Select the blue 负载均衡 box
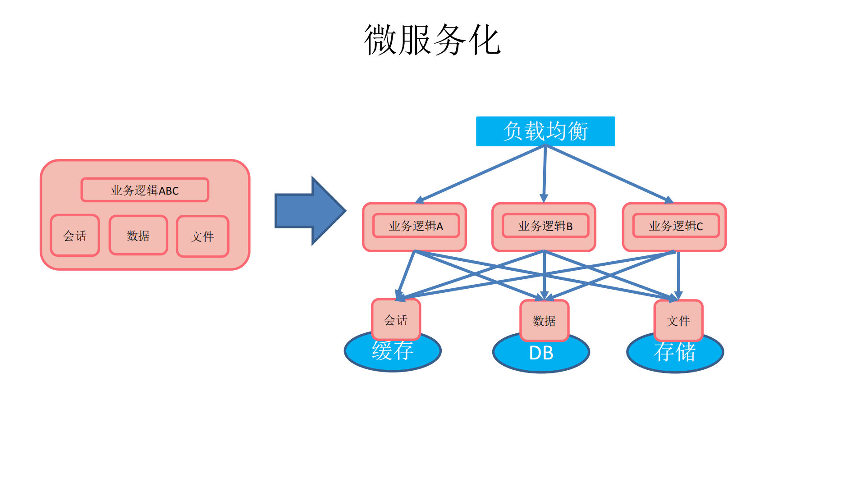click(x=545, y=131)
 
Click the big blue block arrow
click(x=309, y=211)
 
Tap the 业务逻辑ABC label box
click(x=145, y=190)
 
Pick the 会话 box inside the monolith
click(x=75, y=236)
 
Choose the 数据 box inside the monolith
click(x=138, y=236)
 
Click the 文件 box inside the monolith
click(x=202, y=236)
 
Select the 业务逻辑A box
click(x=416, y=226)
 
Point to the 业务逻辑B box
click(x=545, y=226)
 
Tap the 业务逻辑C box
click(x=675, y=226)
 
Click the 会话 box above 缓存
click(x=396, y=320)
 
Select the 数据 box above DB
click(x=544, y=321)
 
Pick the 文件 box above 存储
click(x=678, y=321)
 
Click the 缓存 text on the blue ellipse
click(x=392, y=351)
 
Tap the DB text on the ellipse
click(x=541, y=353)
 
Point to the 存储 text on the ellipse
click(x=675, y=352)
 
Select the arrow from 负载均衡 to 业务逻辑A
click(x=482, y=173)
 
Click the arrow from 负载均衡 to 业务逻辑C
click(x=609, y=173)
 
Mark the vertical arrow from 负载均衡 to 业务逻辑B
click(x=545, y=173)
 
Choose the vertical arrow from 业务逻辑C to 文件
click(x=678, y=275)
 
